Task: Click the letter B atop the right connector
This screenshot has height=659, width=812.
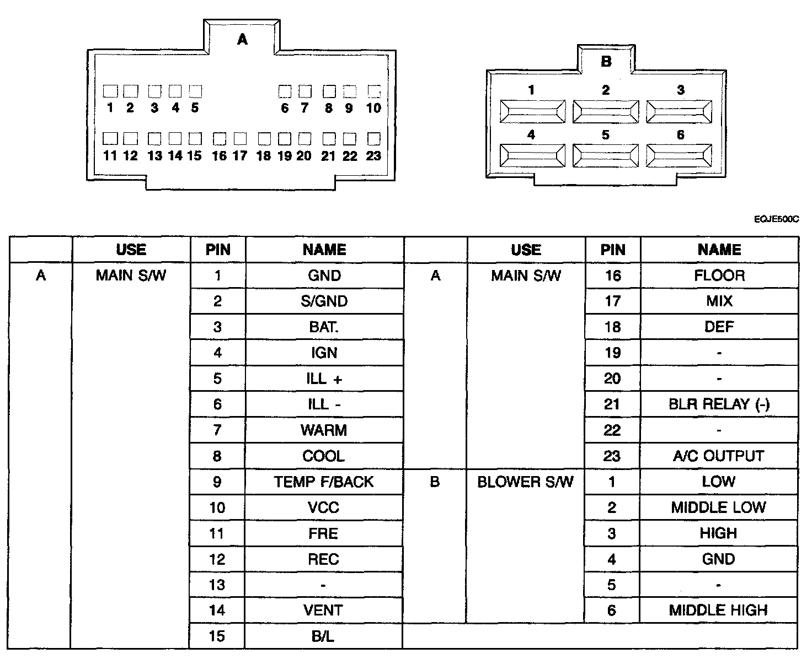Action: click(606, 61)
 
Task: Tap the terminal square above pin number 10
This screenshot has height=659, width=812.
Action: click(374, 91)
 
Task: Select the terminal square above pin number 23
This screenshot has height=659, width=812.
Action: click(374, 138)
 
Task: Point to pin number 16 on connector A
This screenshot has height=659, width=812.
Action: click(219, 156)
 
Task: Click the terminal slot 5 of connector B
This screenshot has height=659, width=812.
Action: click(606, 156)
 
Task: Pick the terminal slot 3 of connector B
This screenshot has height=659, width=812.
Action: click(679, 112)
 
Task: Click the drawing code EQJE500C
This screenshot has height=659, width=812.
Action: click(776, 219)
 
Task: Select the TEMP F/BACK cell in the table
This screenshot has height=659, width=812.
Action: click(324, 482)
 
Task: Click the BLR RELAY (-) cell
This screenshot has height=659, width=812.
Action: click(719, 404)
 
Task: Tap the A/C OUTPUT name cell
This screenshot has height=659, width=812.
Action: click(719, 456)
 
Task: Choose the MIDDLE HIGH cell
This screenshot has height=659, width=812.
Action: click(718, 611)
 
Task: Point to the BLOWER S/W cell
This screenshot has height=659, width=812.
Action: click(525, 482)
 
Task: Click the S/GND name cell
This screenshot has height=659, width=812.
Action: click(324, 301)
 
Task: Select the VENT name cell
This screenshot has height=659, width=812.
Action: click(323, 611)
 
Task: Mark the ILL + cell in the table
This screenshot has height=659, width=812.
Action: click(324, 379)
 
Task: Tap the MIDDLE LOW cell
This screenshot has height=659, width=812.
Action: click(718, 507)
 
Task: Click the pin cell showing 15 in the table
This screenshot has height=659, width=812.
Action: click(217, 636)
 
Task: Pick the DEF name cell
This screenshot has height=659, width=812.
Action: click(719, 327)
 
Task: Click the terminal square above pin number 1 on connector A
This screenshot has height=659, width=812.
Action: click(110, 91)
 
